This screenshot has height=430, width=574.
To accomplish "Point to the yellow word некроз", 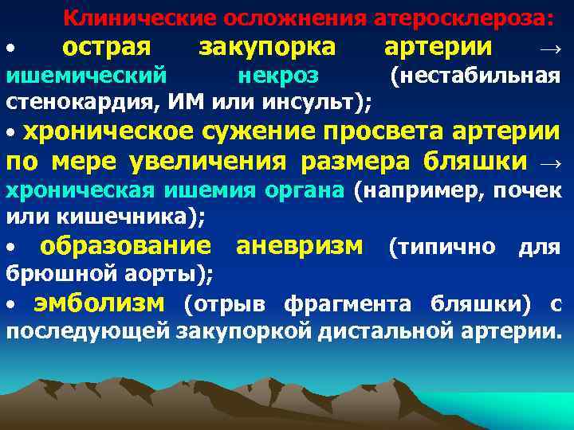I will point(278,76).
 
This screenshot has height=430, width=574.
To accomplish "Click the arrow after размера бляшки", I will point(551,162).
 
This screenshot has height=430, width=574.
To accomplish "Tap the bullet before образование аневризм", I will point(10,246).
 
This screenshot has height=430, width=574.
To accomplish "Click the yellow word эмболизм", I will point(100,303).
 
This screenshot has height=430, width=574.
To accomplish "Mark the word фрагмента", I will point(366,303).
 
